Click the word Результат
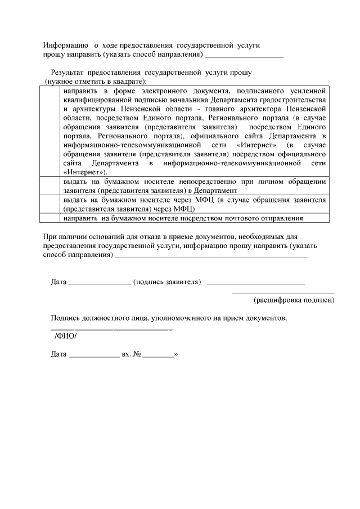coord(67,73)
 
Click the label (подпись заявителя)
coord(167,281)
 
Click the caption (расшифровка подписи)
coord(294,300)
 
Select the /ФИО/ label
coord(65,336)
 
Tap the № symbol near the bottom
coord(136,355)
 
